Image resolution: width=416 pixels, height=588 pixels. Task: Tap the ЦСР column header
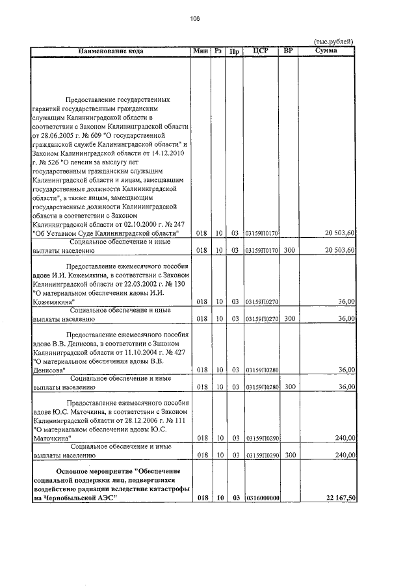pyautogui.click(x=261, y=51)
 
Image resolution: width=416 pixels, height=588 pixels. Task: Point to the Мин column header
pyautogui.click(x=200, y=51)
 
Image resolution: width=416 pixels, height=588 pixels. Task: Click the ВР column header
pyautogui.click(x=288, y=51)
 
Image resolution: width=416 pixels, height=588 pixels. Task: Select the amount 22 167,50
pyautogui.click(x=339, y=498)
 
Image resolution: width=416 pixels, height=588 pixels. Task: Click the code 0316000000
pyautogui.click(x=262, y=498)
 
